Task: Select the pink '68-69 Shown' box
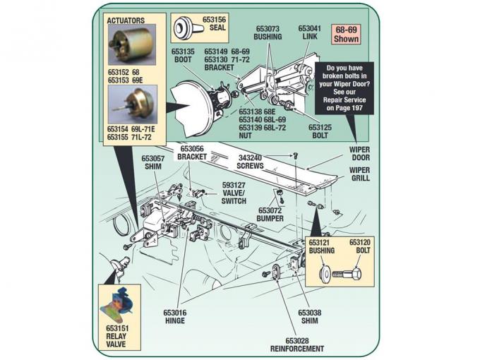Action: point(347,35)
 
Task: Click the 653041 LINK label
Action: point(308,33)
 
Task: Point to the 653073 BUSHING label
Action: point(268,32)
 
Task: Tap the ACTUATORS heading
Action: point(125,21)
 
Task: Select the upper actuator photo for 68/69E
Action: point(131,46)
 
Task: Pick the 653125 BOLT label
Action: point(320,131)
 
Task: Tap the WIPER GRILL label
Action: point(360,174)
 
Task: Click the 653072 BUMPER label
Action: point(270,215)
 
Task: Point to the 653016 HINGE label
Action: point(174,316)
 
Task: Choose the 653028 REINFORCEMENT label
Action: point(297,344)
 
